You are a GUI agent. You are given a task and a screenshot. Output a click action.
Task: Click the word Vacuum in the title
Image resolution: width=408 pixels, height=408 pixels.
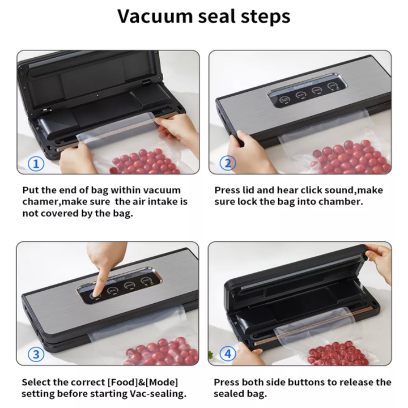point(155,16)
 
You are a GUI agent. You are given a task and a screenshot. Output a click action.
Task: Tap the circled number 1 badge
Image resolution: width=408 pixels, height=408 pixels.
point(36,164)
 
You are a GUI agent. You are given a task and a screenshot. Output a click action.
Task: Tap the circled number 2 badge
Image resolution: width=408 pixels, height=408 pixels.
point(228,163)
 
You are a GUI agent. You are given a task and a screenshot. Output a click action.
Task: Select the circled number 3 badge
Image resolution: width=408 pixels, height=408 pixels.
point(36,354)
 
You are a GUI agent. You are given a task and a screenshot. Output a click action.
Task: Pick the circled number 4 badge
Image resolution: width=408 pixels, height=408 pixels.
point(228,354)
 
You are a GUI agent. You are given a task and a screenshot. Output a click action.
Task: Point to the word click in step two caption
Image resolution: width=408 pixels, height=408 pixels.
point(312,190)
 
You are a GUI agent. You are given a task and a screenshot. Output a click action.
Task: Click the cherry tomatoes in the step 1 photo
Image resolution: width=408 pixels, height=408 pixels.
point(145,162)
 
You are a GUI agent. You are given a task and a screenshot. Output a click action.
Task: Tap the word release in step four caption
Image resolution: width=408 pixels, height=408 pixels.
point(355,382)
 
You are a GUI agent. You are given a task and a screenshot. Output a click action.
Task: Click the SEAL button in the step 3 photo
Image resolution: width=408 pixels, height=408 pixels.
point(113,290)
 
